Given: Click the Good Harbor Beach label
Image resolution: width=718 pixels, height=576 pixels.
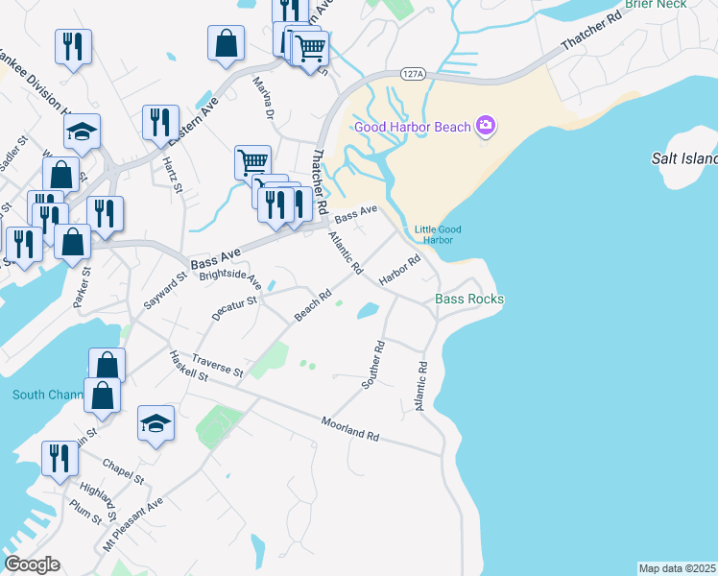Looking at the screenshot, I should pos(412,127).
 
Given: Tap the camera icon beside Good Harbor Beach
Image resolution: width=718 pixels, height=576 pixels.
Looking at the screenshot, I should pos(486,126).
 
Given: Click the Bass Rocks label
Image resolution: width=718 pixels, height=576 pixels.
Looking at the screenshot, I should pos(469,300).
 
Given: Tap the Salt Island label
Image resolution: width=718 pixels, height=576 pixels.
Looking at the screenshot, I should pos(684,158).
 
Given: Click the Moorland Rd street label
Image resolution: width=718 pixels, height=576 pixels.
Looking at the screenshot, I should pos(350,428).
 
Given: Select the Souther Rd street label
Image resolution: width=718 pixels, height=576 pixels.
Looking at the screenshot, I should pos(372,364).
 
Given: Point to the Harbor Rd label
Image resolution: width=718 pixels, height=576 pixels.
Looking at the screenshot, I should pos(400,271).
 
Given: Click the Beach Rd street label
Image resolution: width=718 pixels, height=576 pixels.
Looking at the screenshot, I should pos(313,306).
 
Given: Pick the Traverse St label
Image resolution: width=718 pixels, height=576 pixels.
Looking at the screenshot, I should pos(218,364).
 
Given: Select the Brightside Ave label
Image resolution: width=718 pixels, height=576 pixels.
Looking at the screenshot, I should pos(230,277).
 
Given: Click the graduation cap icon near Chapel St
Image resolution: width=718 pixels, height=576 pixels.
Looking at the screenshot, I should pos(156,423).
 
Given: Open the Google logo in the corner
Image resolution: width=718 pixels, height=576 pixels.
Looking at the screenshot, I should pos(32,564).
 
